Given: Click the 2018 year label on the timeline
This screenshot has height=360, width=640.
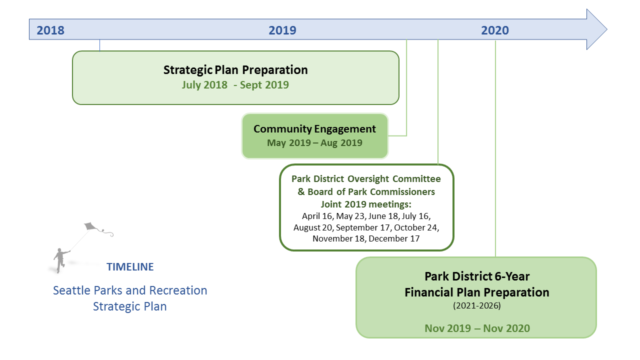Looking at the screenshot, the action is point(50,30).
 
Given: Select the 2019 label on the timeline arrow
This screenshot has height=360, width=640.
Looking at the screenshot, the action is point(282,30).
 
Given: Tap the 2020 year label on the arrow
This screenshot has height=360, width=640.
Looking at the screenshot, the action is point(495,30).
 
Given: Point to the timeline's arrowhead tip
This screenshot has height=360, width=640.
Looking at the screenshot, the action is point(607,29).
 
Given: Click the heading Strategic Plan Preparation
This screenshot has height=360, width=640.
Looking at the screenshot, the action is point(235,70).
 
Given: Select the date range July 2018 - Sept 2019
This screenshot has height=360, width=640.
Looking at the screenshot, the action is point(235,85).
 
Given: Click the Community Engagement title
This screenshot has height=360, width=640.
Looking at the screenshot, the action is point(314,129).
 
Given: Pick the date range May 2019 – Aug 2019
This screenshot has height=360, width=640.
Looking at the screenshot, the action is point(314,142).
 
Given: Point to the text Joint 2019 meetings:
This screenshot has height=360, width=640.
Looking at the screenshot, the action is point(366,204).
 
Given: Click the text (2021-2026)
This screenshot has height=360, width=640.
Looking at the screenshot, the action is point(477,305).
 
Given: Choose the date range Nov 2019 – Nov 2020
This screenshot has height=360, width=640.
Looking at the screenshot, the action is point(477,328).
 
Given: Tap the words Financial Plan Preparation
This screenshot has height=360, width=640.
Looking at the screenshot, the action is point(477,292).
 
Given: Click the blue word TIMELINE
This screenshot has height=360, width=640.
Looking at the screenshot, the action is point(130,267).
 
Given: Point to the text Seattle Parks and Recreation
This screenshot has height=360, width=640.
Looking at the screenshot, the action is point(130,290).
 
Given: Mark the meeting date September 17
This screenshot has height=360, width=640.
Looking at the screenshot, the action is point(363,227).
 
